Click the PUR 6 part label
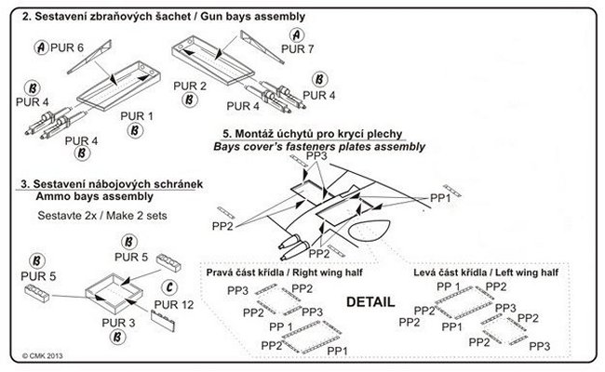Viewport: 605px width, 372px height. tap(67, 47)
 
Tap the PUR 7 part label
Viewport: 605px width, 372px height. tap(298, 49)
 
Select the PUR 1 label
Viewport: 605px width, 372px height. tap(137, 116)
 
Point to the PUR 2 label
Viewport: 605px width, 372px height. tap(190, 86)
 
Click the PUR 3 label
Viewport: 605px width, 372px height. tap(118, 323)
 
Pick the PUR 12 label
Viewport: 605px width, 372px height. tap(174, 304)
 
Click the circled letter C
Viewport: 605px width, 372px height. tap(169, 287)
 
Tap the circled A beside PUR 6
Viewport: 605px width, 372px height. tap(41, 47)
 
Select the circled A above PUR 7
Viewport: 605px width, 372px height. tap(296, 35)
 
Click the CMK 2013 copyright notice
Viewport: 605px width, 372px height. tap(43, 356)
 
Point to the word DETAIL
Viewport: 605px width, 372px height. tap(370, 302)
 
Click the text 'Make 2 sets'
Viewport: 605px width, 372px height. tap(137, 216)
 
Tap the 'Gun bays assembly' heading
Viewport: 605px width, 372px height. tap(253, 17)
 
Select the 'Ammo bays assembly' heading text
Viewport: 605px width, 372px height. tap(95, 196)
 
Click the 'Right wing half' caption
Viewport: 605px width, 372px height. tap(328, 272)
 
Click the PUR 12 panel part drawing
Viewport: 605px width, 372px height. tap(163, 321)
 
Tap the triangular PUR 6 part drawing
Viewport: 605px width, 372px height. tap(89, 57)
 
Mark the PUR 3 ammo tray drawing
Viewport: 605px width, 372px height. tap(114, 294)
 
